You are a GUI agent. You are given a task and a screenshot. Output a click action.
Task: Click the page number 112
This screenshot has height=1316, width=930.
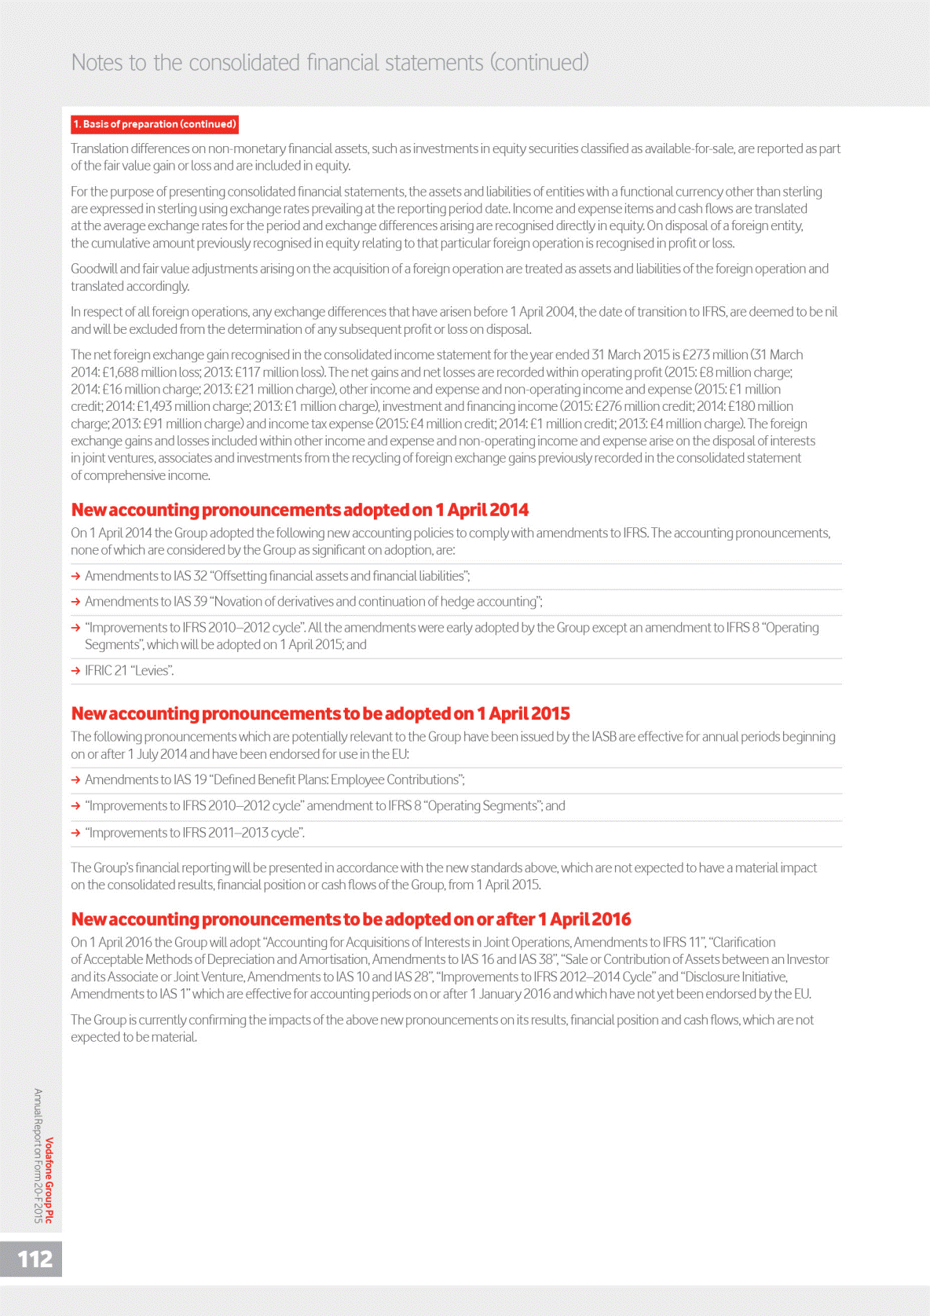(35, 1259)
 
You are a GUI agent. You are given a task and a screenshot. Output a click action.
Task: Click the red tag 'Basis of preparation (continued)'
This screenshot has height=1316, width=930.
(155, 124)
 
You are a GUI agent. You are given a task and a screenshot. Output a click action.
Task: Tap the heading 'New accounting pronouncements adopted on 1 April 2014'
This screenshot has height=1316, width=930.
(299, 510)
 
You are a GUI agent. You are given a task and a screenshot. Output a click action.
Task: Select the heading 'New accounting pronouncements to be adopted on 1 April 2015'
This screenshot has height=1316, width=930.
(320, 713)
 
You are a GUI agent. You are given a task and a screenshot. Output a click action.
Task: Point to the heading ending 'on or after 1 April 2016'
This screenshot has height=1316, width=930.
(351, 919)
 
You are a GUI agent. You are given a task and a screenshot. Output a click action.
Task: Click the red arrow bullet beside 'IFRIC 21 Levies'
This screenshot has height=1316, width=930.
(76, 671)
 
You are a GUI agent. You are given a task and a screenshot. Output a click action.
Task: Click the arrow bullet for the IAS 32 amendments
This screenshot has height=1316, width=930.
(76, 577)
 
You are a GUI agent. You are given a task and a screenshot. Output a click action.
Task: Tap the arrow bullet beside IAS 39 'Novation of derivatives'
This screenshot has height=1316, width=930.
(76, 602)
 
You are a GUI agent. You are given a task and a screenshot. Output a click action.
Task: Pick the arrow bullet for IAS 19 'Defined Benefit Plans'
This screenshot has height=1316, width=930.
(76, 780)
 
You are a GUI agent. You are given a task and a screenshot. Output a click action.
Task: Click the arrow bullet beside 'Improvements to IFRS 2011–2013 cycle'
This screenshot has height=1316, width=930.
(76, 833)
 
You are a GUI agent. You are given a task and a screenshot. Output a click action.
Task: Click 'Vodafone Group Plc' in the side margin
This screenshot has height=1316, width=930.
(49, 1180)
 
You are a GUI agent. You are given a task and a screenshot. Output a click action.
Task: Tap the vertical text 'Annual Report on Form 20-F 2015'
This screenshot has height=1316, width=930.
(38, 1155)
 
